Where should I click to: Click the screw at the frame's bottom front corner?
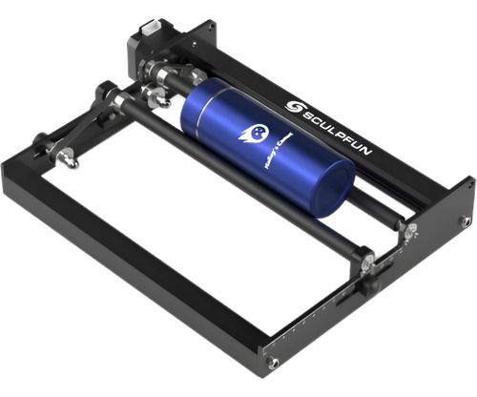(x=273, y=364)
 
